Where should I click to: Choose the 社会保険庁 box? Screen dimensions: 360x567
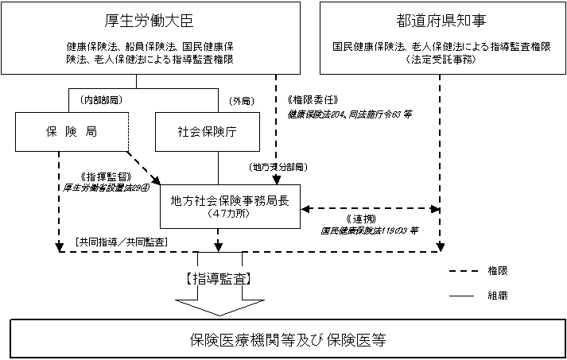click(x=196, y=132)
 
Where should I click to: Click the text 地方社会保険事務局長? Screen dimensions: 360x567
click(x=230, y=199)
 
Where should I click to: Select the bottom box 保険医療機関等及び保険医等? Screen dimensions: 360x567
click(x=288, y=339)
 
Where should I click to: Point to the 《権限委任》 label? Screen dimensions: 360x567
click(x=311, y=101)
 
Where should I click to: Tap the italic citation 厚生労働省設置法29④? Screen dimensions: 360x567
click(x=106, y=188)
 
